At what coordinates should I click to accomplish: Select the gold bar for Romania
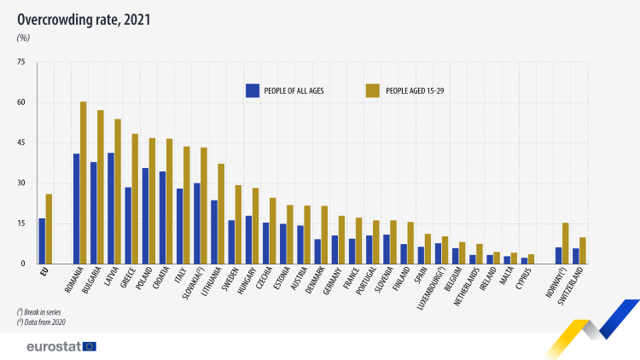(x=84, y=183)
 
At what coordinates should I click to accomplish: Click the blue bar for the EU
(x=42, y=241)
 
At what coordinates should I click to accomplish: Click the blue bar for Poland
(x=145, y=216)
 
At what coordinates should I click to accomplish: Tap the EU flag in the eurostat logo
(x=90, y=346)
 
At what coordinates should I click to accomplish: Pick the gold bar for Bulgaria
(x=101, y=187)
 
